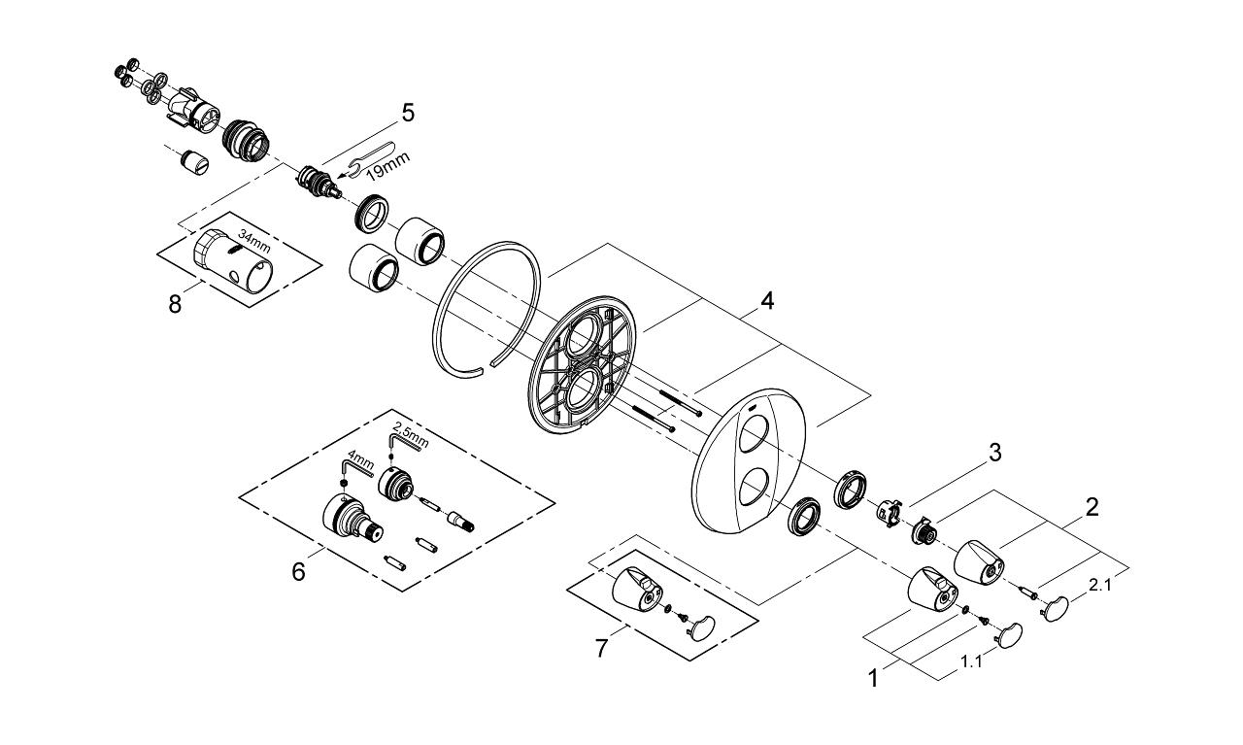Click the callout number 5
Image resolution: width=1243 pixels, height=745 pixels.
click(408, 113)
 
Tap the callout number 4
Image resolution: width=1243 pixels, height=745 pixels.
click(767, 301)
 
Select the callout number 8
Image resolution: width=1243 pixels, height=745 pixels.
click(175, 304)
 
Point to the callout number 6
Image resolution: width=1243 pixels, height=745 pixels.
click(298, 571)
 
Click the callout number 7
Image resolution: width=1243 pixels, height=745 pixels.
click(601, 648)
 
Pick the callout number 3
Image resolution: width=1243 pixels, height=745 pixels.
click(995, 453)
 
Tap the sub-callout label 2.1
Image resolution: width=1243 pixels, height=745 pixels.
click(1099, 585)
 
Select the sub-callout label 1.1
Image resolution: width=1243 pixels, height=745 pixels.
click(971, 661)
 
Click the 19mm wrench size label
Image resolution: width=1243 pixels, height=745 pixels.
click(387, 166)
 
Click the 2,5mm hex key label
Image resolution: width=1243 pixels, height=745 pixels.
click(410, 435)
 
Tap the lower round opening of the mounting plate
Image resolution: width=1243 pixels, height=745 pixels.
click(584, 391)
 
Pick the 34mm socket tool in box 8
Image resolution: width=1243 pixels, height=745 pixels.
click(233, 260)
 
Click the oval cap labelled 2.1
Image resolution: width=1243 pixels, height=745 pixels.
click(1055, 608)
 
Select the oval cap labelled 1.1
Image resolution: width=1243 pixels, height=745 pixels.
click(1010, 635)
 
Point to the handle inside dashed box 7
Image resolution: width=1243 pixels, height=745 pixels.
click(636, 590)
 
